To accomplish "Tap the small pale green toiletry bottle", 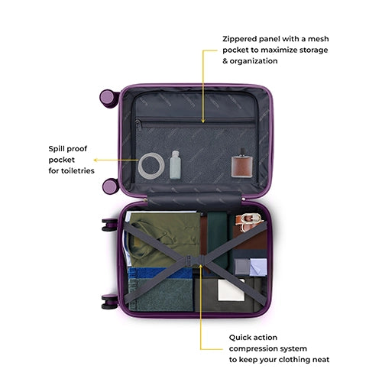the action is point(175,165).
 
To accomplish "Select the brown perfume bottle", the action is point(242,167).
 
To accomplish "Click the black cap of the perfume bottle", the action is point(243,151).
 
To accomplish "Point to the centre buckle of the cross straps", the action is point(195,261).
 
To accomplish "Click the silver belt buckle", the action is point(251,219).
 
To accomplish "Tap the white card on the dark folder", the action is point(231,290).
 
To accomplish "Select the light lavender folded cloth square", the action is point(258,267).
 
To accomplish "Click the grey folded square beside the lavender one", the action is point(242,267).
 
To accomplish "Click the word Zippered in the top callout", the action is point(239,39).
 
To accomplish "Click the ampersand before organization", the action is point(225,61).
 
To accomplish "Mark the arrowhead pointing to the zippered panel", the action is point(203,121).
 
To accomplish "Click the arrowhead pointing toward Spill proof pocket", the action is point(95,160).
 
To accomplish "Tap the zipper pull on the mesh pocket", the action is point(139,125).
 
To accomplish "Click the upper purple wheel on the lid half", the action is point(108,99).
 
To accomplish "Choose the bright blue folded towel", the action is point(160,273).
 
